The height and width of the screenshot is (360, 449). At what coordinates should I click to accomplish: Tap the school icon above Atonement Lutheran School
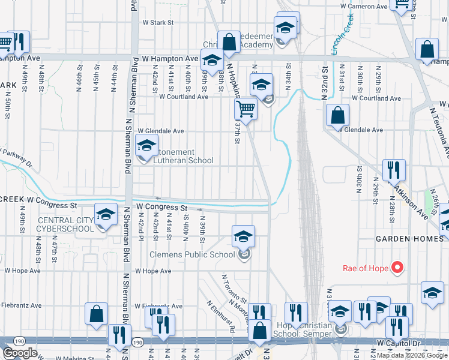tap(146, 146)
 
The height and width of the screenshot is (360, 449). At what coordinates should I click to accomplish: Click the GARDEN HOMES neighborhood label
tap(410, 238)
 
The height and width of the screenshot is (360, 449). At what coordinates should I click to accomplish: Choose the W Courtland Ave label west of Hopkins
tap(183, 97)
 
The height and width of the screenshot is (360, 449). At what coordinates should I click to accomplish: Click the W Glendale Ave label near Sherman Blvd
tap(161, 130)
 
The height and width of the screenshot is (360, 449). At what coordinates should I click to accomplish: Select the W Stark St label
tap(158, 23)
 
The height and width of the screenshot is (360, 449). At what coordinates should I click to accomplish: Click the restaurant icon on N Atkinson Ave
tap(393, 170)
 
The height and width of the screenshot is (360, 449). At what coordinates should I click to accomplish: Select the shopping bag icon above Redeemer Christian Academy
tap(229, 42)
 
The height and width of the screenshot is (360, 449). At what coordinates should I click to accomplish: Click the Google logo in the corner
tap(19, 353)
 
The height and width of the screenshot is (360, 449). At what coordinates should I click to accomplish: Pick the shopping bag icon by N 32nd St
tap(338, 114)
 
